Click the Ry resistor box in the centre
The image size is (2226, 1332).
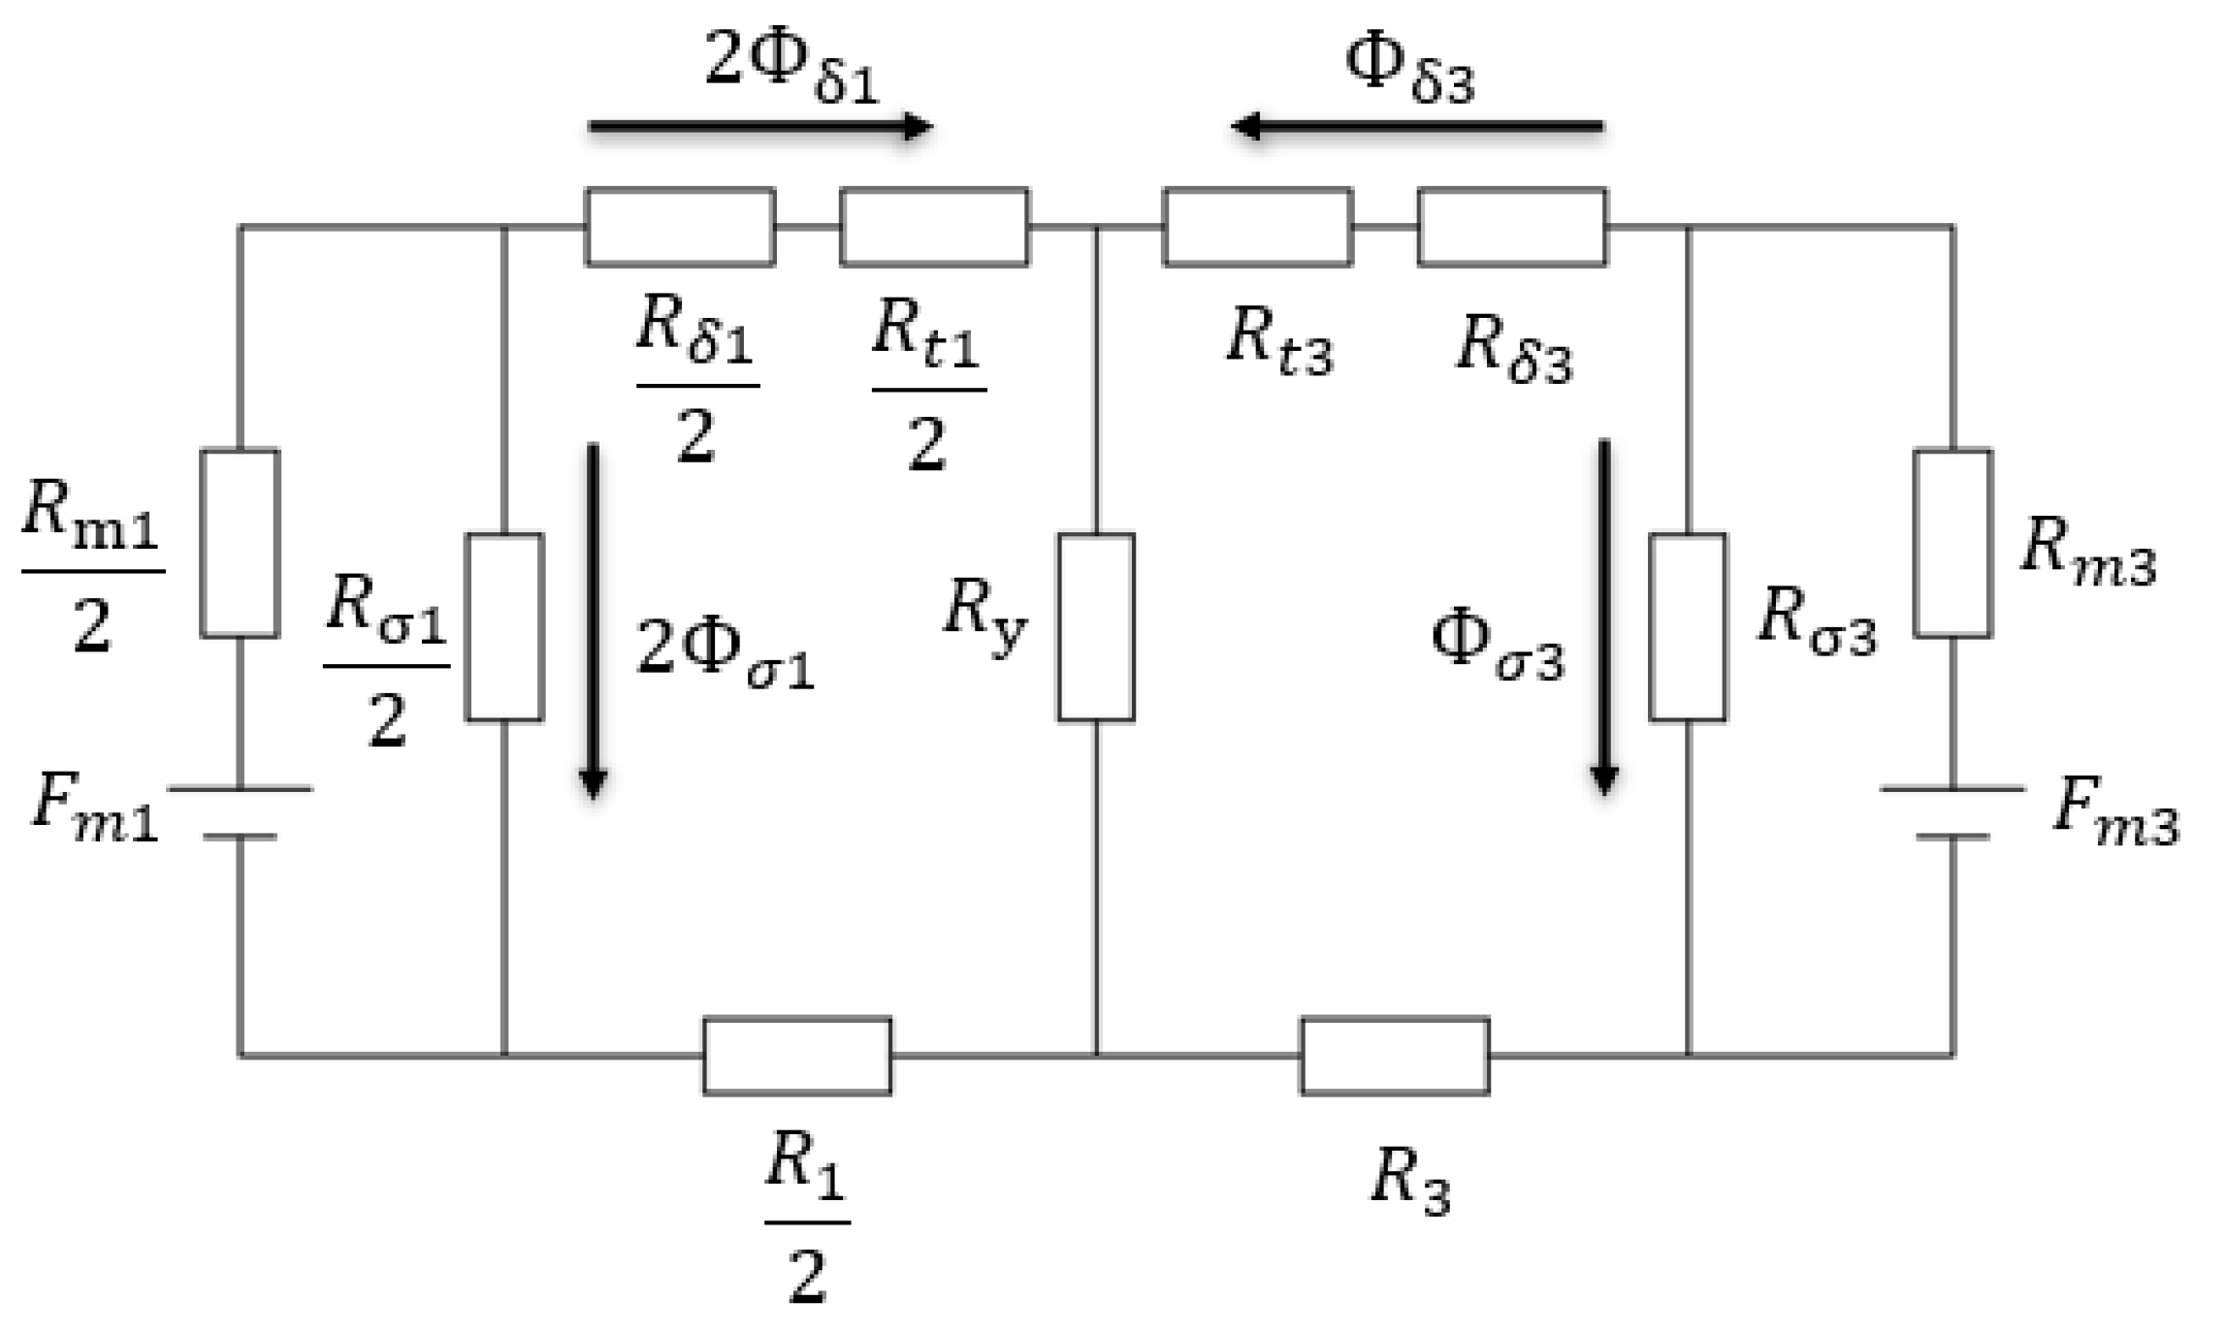[1095, 627]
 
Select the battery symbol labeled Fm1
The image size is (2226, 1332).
[240, 812]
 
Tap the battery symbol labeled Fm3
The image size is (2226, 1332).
[1952, 812]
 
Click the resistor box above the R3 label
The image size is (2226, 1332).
[1394, 1056]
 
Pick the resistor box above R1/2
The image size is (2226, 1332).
[796, 1056]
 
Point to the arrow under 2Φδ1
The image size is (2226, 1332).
[760, 126]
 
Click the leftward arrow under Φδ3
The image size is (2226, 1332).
[1416, 126]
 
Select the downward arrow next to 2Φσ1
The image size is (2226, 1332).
[593, 620]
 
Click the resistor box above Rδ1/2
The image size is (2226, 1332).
[680, 227]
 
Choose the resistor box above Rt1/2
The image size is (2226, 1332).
[934, 227]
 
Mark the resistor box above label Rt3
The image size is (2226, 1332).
[1257, 227]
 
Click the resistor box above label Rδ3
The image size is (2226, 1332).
[1511, 227]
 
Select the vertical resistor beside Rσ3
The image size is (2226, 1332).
[1687, 627]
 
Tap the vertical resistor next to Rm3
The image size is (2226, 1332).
[1952, 543]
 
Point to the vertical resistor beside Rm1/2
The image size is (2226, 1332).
[240, 543]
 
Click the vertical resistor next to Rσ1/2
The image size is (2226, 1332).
[503, 627]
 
